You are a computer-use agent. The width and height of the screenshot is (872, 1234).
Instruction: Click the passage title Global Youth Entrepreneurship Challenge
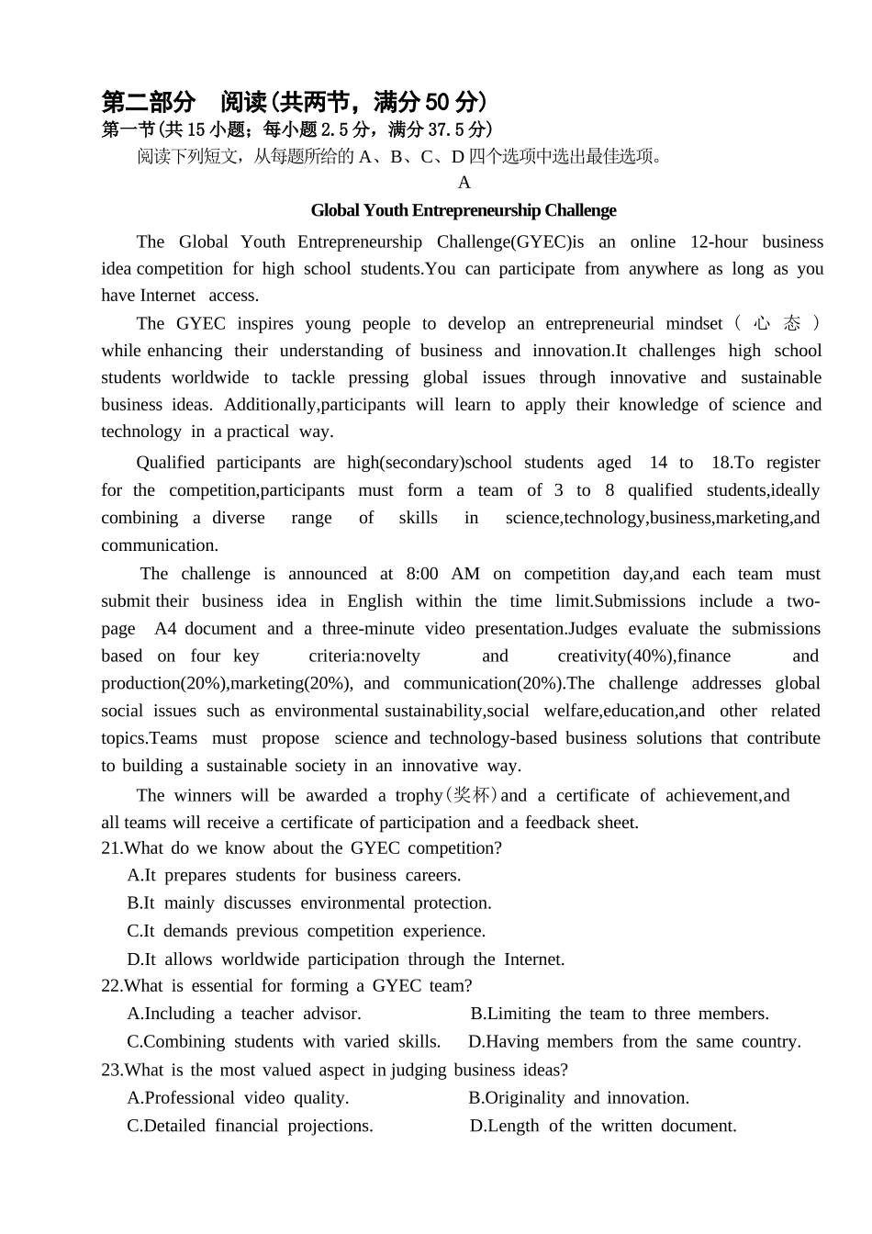[464, 210]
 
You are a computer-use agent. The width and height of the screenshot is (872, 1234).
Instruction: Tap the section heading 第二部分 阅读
[184, 101]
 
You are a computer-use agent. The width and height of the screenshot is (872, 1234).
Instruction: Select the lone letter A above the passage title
[464, 182]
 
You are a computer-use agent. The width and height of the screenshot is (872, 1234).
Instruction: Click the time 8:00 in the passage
[422, 574]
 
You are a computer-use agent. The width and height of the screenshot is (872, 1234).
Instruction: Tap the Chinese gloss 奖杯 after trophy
[473, 795]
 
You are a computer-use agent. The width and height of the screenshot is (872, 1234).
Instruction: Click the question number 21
[111, 848]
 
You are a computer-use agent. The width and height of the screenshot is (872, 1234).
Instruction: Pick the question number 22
[111, 986]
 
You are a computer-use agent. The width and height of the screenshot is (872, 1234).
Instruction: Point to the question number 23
[111, 1070]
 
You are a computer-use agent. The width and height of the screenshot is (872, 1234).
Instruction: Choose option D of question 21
[345, 959]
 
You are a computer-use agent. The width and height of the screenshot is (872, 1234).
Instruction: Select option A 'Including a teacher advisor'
[244, 1014]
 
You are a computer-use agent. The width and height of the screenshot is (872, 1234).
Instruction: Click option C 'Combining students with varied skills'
[284, 1041]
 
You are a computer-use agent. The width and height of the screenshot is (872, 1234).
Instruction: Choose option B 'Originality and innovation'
[578, 1098]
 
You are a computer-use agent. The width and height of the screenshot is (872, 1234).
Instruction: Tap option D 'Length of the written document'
[603, 1126]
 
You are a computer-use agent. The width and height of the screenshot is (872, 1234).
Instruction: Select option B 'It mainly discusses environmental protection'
[309, 903]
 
